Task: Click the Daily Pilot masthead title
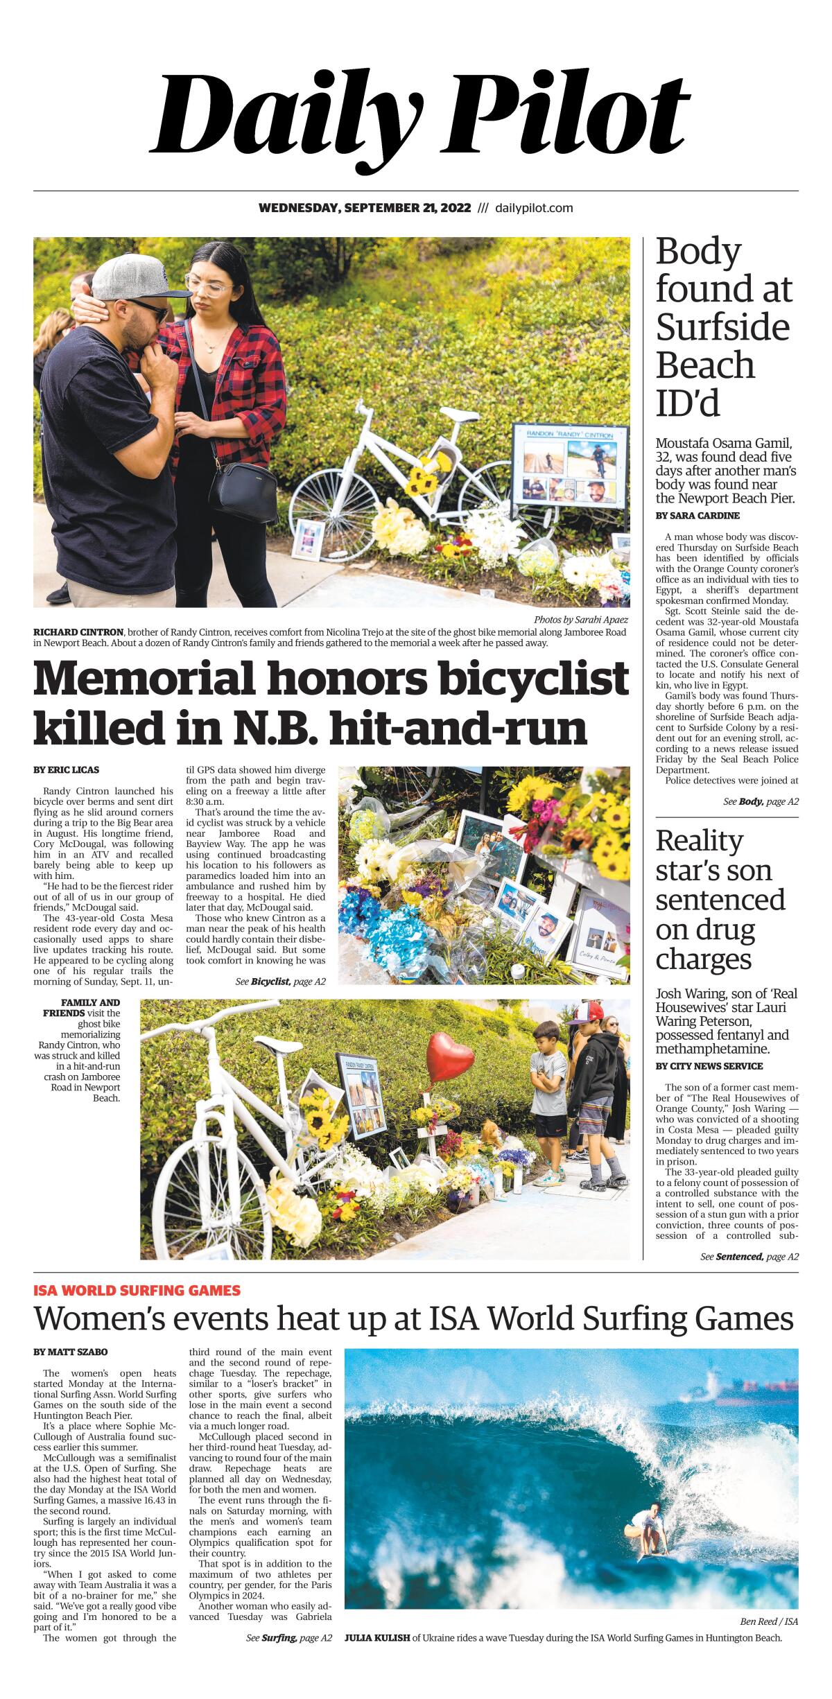pyautogui.click(x=420, y=113)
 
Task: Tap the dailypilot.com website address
pyautogui.click(x=534, y=208)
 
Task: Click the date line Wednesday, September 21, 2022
pyautogui.click(x=365, y=208)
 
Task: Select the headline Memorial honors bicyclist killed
pyautogui.click(x=331, y=702)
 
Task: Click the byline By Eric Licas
pyautogui.click(x=66, y=770)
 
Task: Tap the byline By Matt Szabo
pyautogui.click(x=70, y=1352)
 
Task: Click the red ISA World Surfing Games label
pyautogui.click(x=137, y=1290)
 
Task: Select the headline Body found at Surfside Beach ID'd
pyautogui.click(x=723, y=327)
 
